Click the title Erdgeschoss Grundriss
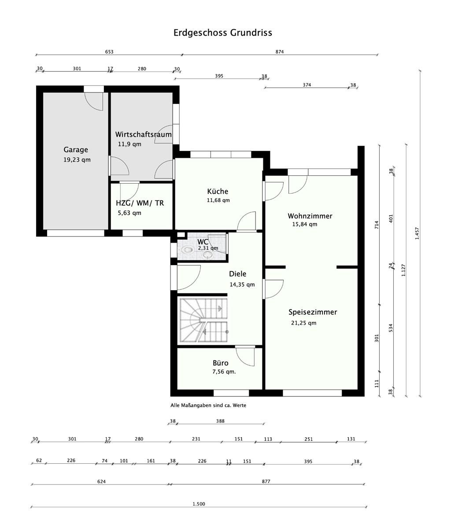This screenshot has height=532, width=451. click(x=222, y=33)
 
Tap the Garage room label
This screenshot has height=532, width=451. click(x=76, y=150)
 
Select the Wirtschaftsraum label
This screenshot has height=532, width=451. click(x=143, y=134)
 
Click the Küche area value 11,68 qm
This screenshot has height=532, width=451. click(x=218, y=200)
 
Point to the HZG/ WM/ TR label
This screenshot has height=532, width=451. click(x=140, y=203)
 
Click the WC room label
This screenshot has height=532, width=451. click(x=203, y=242)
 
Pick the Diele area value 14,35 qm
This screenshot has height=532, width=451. click(x=242, y=284)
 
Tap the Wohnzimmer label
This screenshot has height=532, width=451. click(x=310, y=216)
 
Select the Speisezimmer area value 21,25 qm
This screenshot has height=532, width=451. click(x=303, y=323)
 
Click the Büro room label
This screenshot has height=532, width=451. click(x=221, y=363)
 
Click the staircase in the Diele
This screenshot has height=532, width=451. click(x=203, y=320)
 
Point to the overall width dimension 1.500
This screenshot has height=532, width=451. click(x=199, y=504)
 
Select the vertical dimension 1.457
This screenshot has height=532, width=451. click(x=417, y=233)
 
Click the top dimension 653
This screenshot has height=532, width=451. click(x=109, y=52)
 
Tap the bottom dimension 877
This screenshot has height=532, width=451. click(x=266, y=481)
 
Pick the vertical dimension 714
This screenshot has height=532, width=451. click(x=377, y=225)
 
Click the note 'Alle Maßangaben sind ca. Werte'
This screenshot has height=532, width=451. click(x=208, y=405)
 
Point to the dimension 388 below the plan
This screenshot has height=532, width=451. click(x=220, y=421)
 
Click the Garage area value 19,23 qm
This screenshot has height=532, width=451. click(x=77, y=160)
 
